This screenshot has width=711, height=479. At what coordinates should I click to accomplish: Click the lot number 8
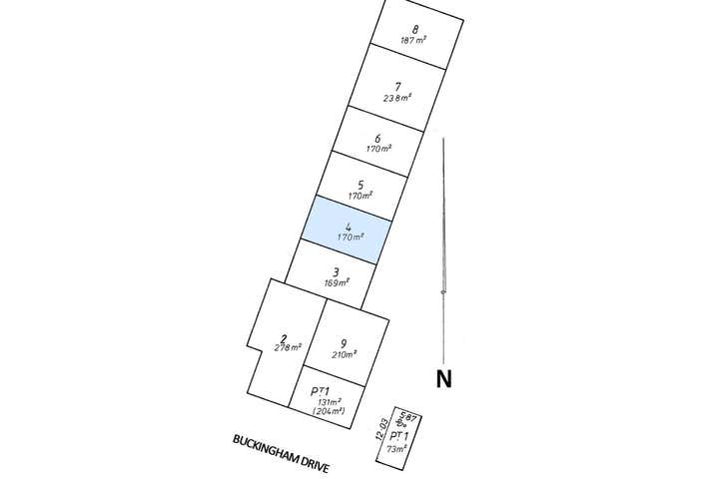(x=414, y=29)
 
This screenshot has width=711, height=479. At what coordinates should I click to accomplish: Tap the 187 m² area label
(x=414, y=41)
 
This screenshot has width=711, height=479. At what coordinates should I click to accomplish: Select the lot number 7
(x=398, y=86)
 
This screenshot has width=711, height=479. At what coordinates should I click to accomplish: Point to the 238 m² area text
(x=398, y=98)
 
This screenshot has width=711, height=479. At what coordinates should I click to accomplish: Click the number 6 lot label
(x=377, y=139)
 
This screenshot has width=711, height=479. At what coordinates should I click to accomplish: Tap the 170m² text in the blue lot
(x=350, y=238)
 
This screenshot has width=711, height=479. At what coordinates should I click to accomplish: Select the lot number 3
(x=337, y=271)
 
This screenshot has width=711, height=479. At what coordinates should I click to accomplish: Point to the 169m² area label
(x=337, y=283)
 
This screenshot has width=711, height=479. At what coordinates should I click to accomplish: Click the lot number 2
(x=285, y=337)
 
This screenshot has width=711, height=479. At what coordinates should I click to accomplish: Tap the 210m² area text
(x=344, y=355)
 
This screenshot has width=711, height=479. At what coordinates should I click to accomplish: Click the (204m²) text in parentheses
(x=328, y=411)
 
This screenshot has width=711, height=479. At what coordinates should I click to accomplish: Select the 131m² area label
(x=328, y=401)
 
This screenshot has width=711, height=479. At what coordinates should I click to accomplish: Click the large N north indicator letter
(x=443, y=378)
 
